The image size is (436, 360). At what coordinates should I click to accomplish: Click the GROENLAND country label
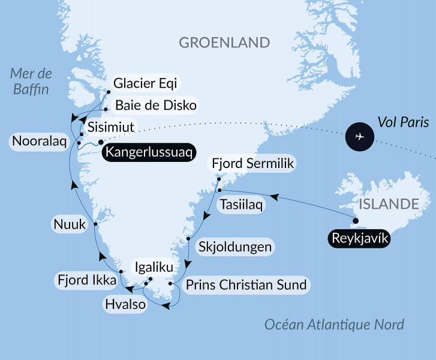tap(224, 43)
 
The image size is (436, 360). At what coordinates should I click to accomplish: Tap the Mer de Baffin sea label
tap(31, 82)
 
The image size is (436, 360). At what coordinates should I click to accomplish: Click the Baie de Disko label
tap(155, 106)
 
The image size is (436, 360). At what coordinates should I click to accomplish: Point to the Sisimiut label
tap(110, 128)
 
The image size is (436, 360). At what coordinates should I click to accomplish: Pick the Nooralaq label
tap(38, 143)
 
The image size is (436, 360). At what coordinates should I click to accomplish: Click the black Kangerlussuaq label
tap(149, 152)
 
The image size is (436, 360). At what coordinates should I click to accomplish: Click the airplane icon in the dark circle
tap(360, 137)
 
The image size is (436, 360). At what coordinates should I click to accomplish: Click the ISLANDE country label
tap(389, 204)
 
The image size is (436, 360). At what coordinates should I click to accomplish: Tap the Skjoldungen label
tap(235, 247)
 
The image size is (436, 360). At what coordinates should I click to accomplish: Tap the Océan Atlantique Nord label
tap(334, 325)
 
